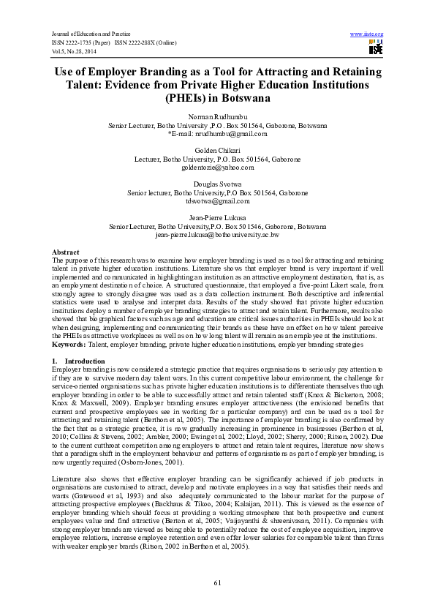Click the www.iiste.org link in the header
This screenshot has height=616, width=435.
point(367,34)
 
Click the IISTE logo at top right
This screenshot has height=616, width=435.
point(376,48)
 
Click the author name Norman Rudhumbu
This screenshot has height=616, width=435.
point(217,117)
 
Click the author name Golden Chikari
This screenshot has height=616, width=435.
point(217,151)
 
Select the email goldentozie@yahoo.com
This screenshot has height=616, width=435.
point(217,168)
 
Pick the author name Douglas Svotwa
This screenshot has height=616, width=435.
point(217,184)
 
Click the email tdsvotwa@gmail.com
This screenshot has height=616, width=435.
point(217,201)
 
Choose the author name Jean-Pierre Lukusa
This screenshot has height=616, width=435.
point(217,218)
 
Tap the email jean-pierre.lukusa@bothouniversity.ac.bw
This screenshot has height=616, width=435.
point(217,235)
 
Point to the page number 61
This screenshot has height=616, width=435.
point(217,582)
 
